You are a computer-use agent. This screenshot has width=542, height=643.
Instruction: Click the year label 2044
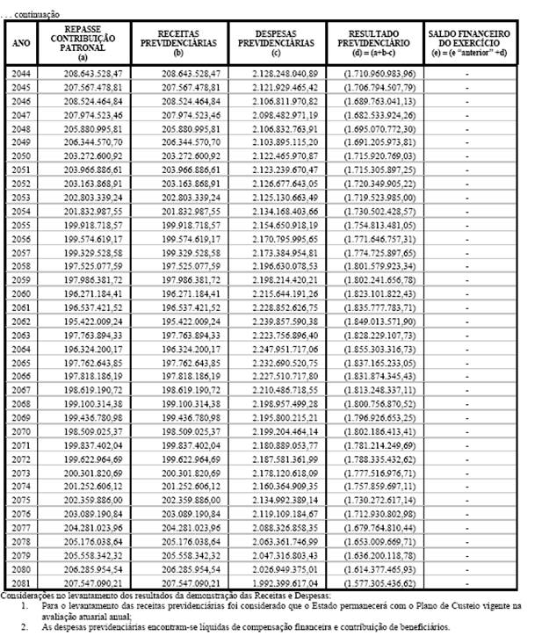pos(21,73)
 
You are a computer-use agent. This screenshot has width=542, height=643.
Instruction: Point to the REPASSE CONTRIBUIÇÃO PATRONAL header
pos(83,42)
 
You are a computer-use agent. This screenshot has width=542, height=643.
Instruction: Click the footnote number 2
pos(24,627)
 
